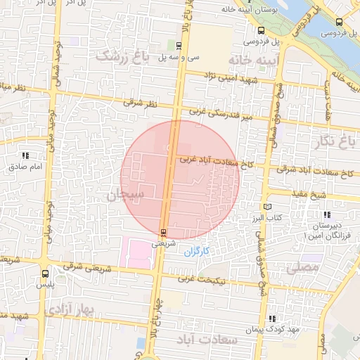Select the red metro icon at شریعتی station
coord(163,232)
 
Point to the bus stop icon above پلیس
coord(45,274)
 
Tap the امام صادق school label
coord(26,167)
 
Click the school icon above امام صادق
coord(26,155)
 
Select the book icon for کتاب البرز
coord(266,207)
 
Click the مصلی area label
coord(303,268)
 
